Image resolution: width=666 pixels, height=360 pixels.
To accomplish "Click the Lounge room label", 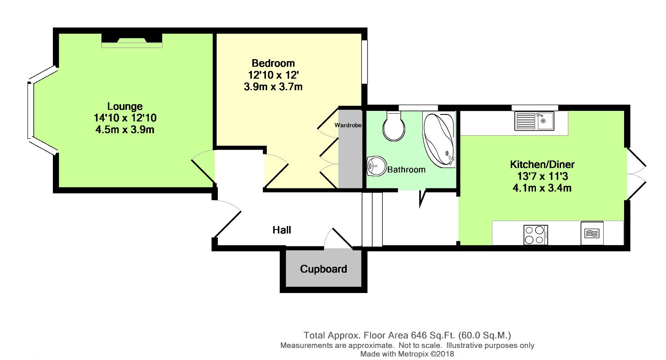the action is pos(125,106).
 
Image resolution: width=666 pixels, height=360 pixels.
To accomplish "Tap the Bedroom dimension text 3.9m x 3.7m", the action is pos(273,87).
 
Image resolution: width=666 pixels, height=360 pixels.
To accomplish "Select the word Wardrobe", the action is pos(348,125).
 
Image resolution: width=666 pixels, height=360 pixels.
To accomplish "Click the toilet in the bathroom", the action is pos(394,126).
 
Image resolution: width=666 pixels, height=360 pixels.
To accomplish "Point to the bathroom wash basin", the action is pos(376,166).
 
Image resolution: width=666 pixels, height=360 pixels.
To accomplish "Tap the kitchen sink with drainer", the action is pos(534,121).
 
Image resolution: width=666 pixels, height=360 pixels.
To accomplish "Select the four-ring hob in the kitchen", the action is pos(536,235).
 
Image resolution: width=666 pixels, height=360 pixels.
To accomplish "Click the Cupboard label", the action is pos(324,269).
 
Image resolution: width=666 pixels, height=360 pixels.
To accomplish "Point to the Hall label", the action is pos(282,230).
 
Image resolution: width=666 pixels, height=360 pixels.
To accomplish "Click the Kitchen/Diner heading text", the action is pos(542,165).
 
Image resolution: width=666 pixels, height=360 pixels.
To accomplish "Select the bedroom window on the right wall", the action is pos(364,62).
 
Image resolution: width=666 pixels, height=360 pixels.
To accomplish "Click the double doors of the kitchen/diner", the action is pos(637,174).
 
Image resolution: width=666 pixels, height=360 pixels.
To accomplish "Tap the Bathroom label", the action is pos(406,170).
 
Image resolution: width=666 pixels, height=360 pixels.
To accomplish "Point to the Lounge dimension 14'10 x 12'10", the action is pos(125,118).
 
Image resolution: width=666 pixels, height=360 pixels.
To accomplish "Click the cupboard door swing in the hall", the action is pos(338,238).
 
